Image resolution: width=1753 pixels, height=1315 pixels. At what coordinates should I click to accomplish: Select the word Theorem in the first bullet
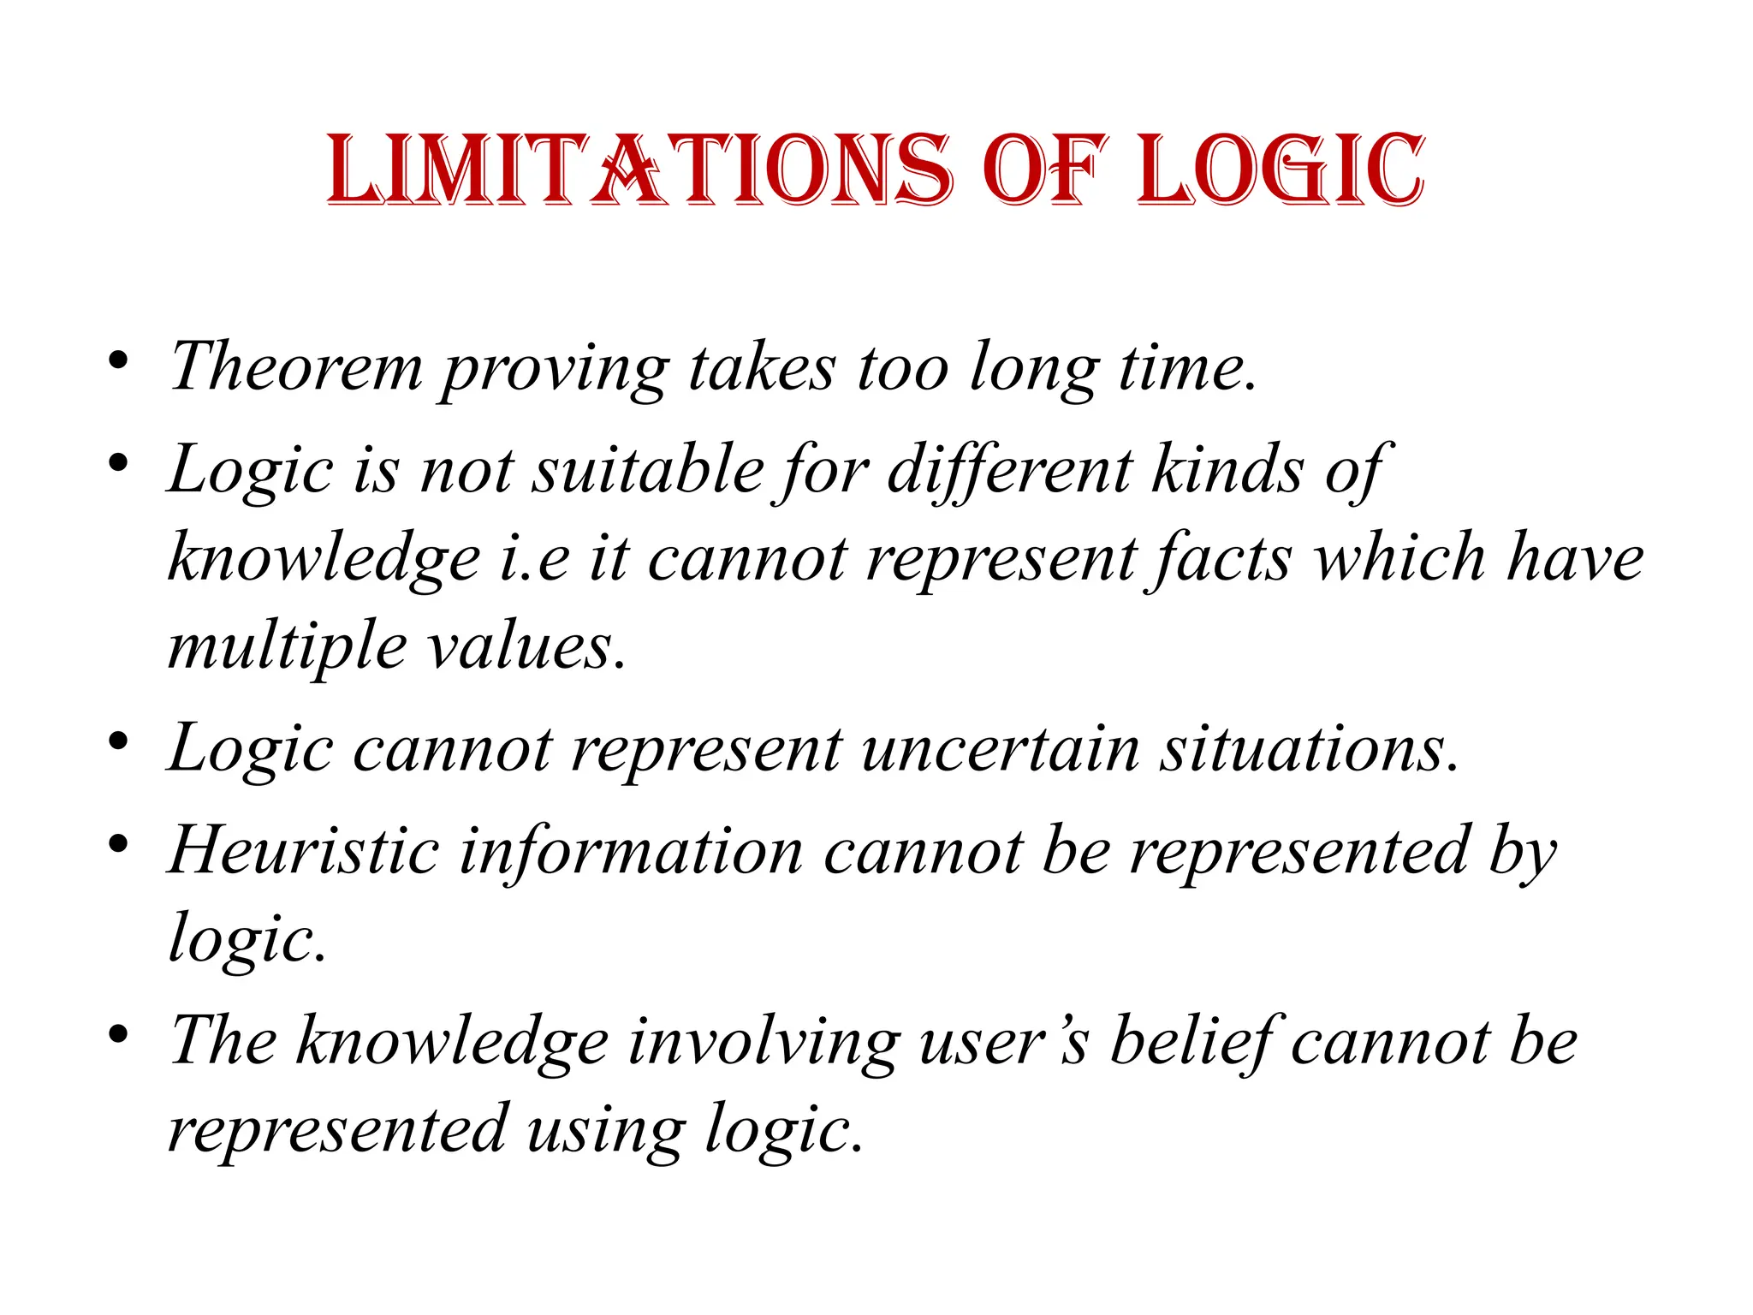pyautogui.click(x=296, y=366)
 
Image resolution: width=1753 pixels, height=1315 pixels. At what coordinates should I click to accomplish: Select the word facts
pyautogui.click(x=1223, y=558)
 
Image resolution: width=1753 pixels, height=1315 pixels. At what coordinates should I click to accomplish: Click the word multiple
pyautogui.click(x=288, y=647)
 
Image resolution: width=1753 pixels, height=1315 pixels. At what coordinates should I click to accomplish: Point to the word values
pyautogui.click(x=526, y=646)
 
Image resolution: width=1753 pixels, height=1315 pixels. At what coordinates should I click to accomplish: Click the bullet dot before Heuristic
pyautogui.click(x=118, y=844)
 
